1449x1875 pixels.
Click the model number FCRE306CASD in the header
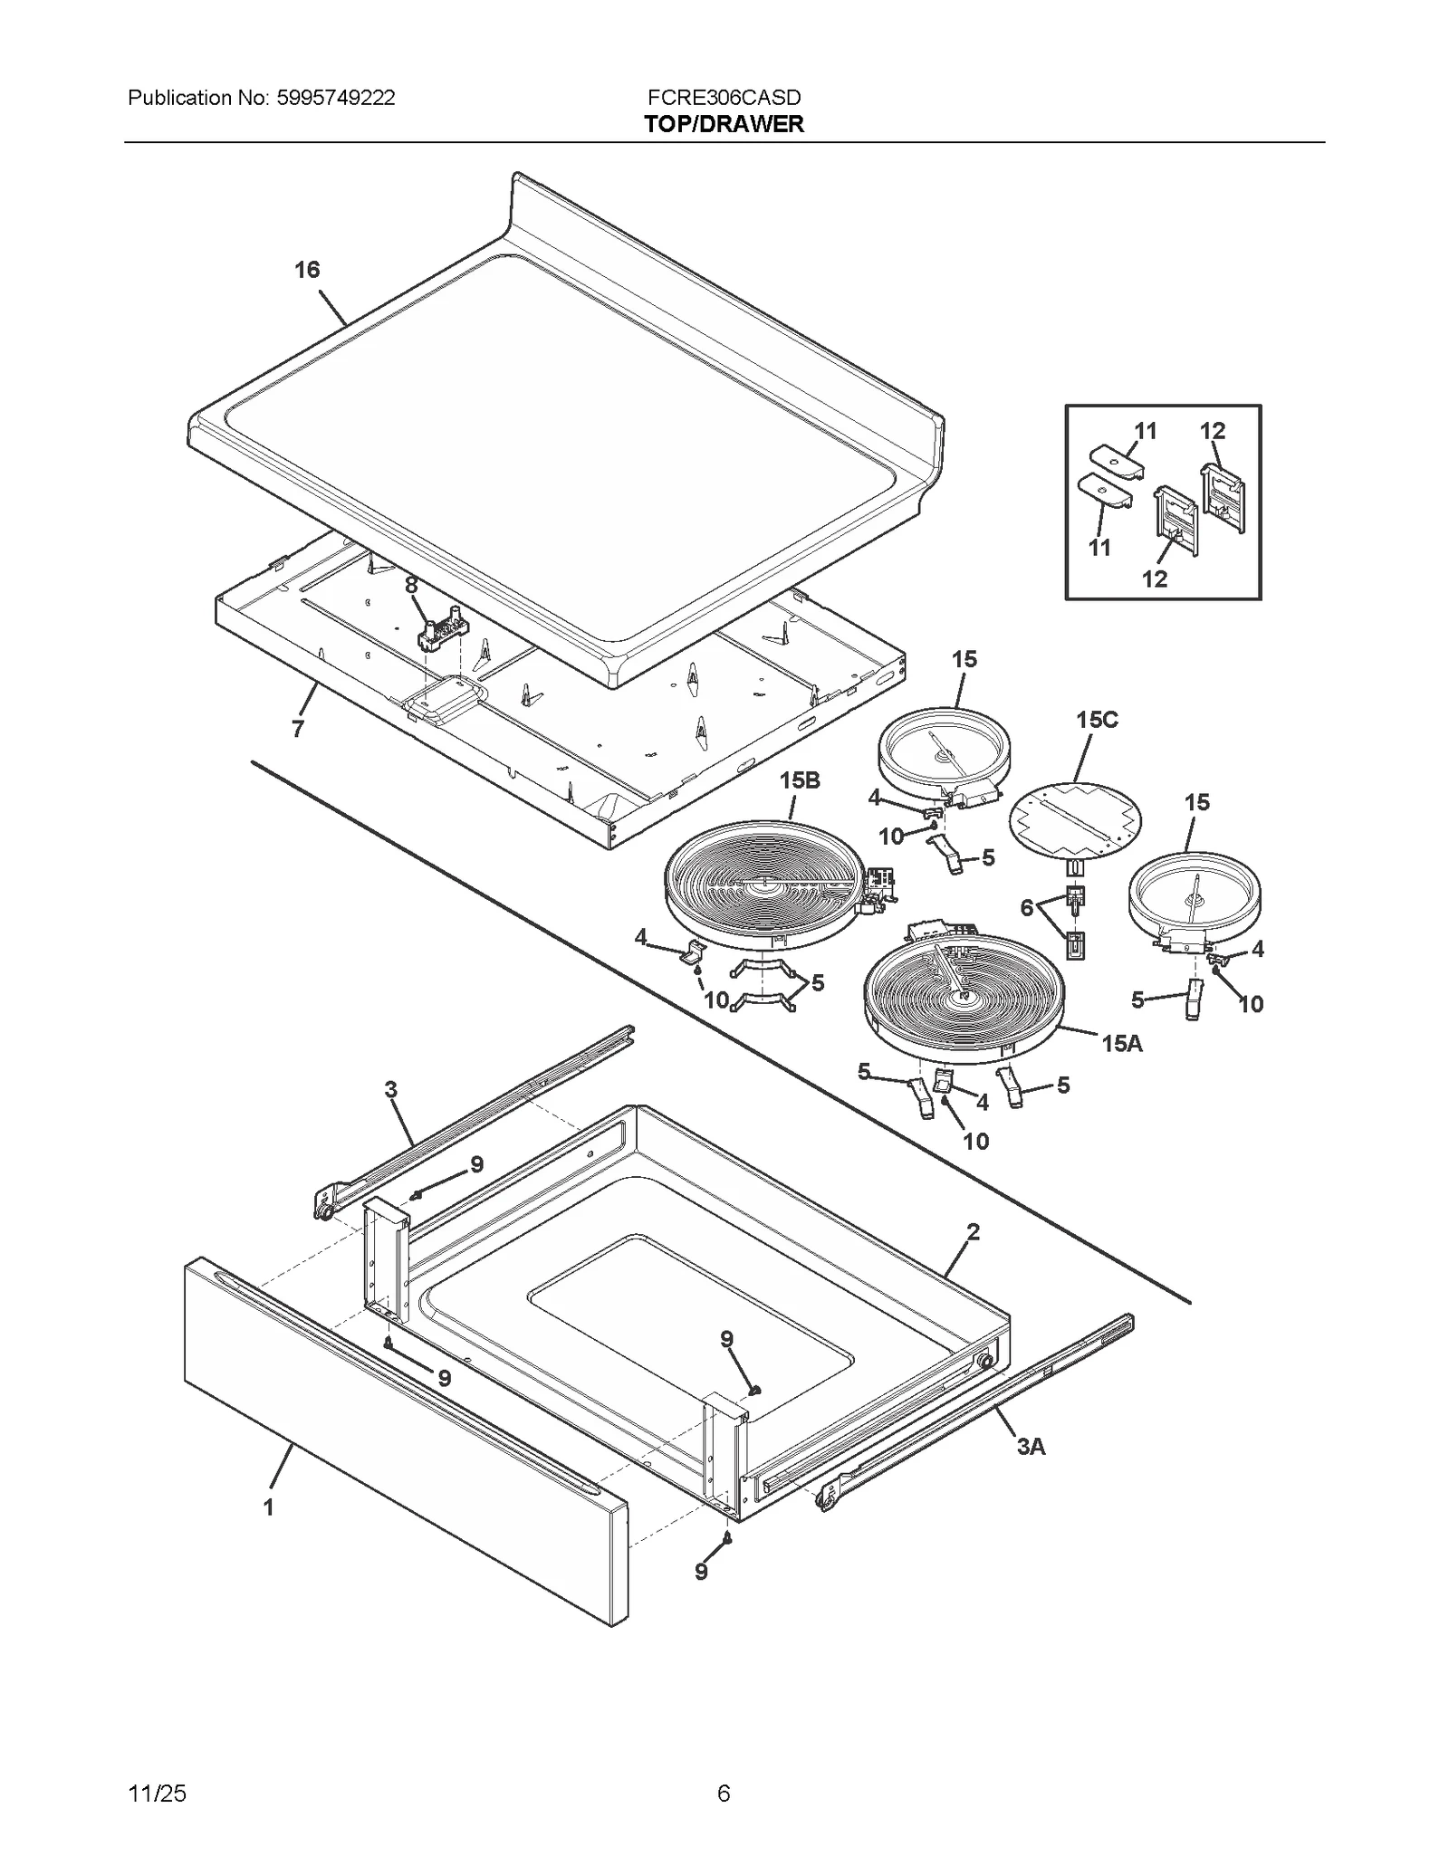tap(724, 98)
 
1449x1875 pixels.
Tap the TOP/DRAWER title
tap(724, 124)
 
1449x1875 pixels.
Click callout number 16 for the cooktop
tap(307, 270)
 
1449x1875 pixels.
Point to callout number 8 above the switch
tap(412, 586)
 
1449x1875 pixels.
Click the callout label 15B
tap(800, 780)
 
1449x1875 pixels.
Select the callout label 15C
tap(1097, 720)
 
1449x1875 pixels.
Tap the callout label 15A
tap(1122, 1044)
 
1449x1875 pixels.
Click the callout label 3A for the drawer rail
tap(1031, 1447)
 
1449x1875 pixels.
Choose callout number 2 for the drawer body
tap(973, 1231)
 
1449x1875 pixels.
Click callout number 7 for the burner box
tap(298, 728)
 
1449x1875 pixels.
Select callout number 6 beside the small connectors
tap(1026, 908)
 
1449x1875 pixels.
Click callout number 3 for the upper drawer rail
tap(391, 1089)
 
